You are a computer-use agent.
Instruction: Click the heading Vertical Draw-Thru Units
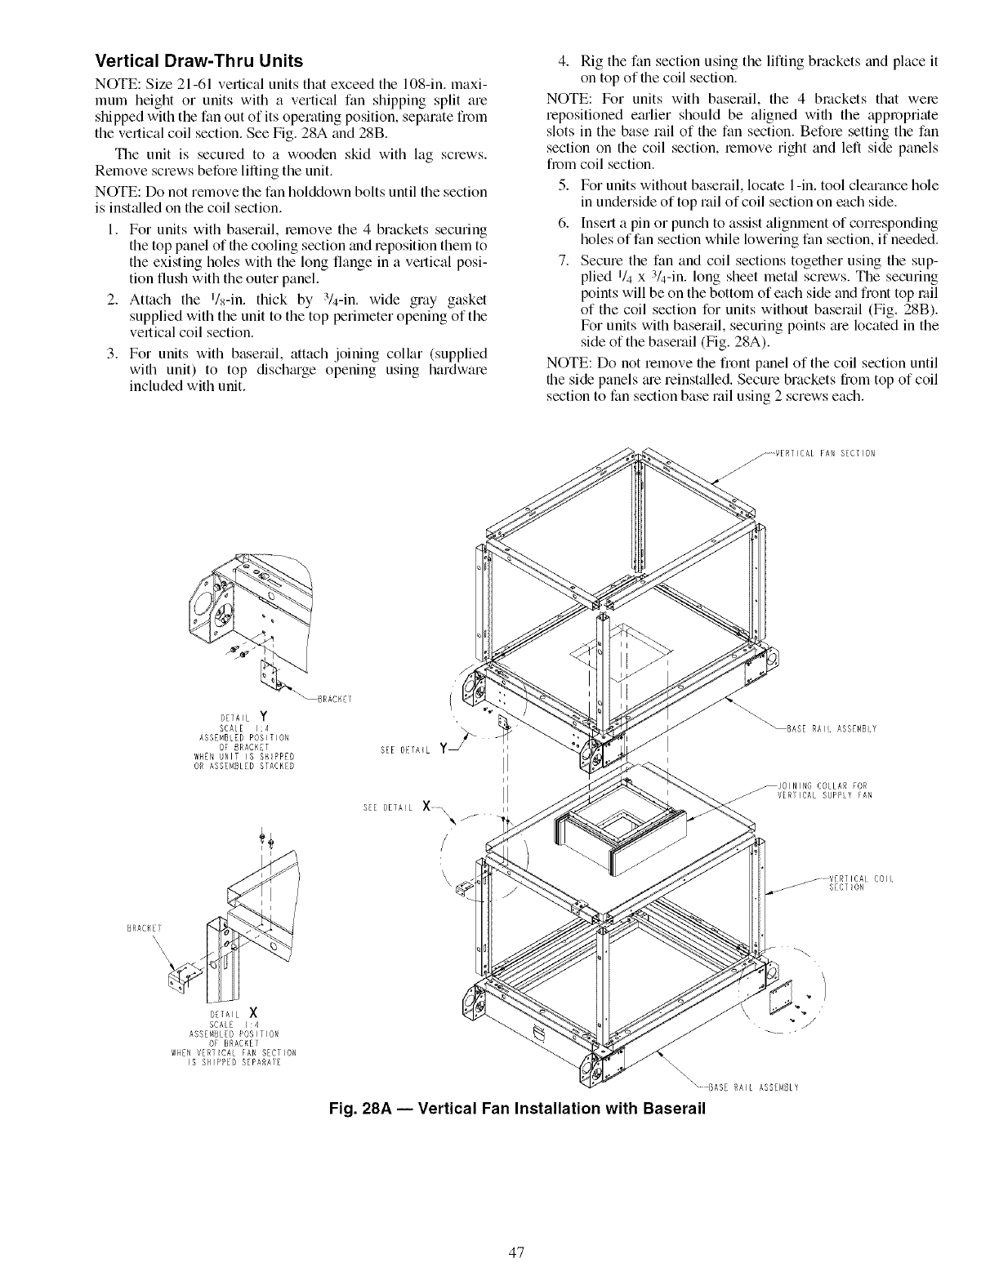tap(199, 61)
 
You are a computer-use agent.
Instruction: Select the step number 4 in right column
tap(562, 61)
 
